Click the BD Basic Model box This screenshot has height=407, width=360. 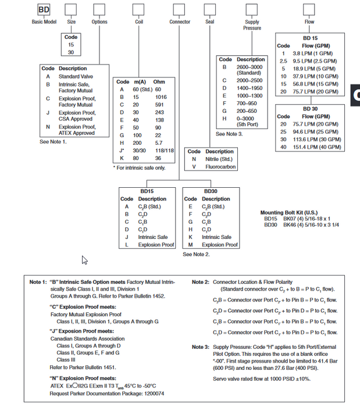click(44, 10)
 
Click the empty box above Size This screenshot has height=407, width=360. click(71, 10)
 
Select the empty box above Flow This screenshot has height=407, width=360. click(309, 10)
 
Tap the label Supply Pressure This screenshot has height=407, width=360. click(252, 25)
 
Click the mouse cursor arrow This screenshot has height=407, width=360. click(85, 260)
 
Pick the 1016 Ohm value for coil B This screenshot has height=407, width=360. click(161, 97)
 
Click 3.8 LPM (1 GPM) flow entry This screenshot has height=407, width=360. click(315, 53)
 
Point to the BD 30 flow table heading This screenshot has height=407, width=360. click(310, 109)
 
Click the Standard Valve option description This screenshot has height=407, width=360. click(77, 76)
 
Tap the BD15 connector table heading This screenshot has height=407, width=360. click(147, 191)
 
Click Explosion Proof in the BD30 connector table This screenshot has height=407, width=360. click(220, 245)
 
